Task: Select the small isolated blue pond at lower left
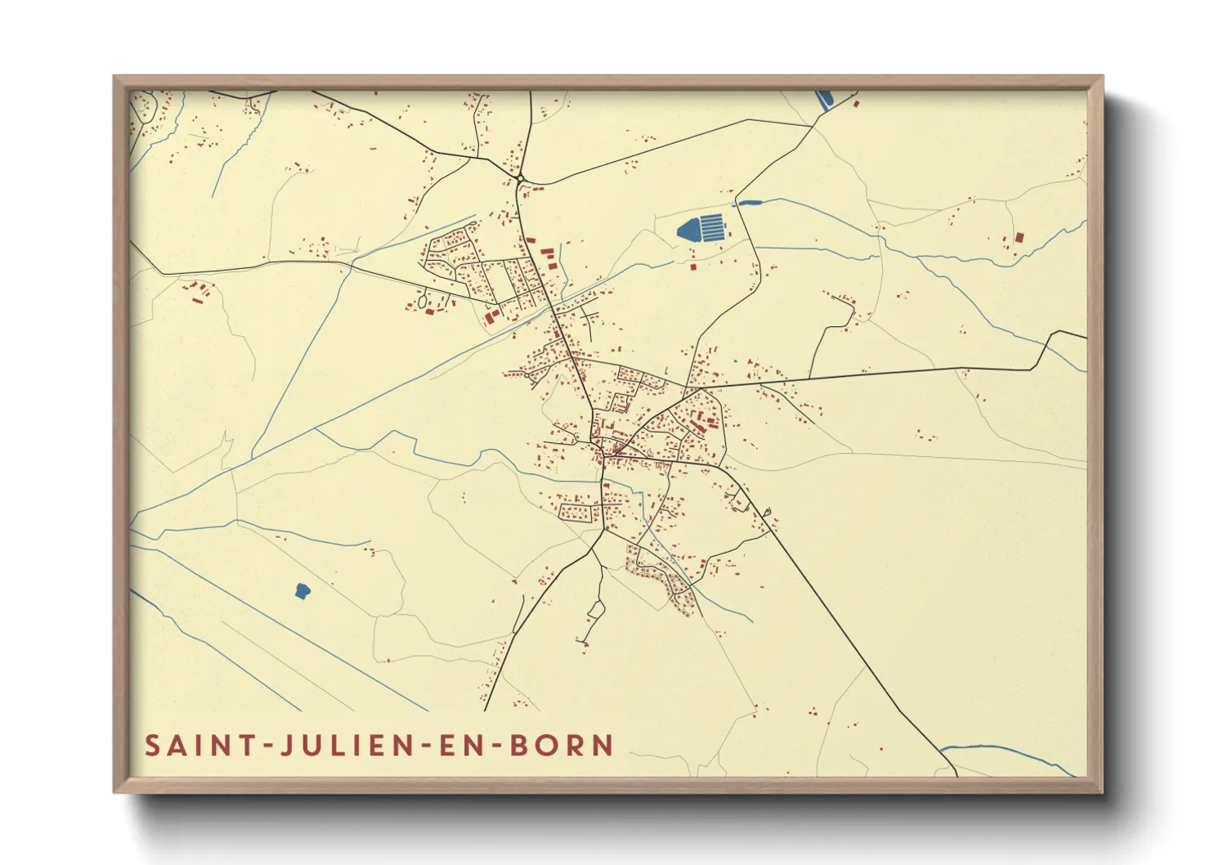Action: [302, 590]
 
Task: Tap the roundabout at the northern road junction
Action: [520, 177]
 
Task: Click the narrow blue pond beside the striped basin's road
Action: [750, 202]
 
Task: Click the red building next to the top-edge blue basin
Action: [856, 104]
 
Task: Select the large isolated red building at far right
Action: [1019, 238]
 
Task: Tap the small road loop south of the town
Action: [596, 609]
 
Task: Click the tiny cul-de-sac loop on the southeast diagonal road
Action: [767, 513]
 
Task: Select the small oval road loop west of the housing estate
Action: [422, 301]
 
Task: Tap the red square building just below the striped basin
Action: [693, 267]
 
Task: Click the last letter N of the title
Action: [603, 746]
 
